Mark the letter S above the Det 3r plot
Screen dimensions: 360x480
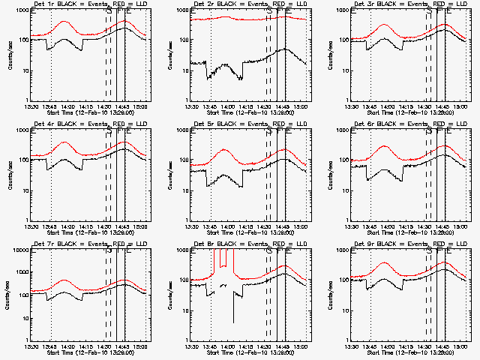pos(428,10)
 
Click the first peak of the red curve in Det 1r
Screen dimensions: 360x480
pos(64,22)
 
